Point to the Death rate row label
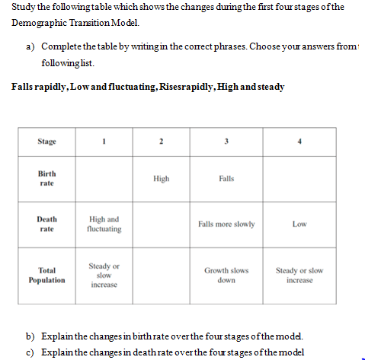click(x=47, y=224)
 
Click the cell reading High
click(x=161, y=179)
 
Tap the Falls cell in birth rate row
click(x=226, y=179)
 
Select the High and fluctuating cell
click(x=104, y=224)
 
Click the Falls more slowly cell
click(x=226, y=224)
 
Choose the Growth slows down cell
click(x=226, y=275)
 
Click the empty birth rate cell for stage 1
click(x=104, y=179)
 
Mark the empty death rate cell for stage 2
click(x=161, y=224)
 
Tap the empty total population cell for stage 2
click(x=161, y=275)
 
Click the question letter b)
click(x=32, y=336)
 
